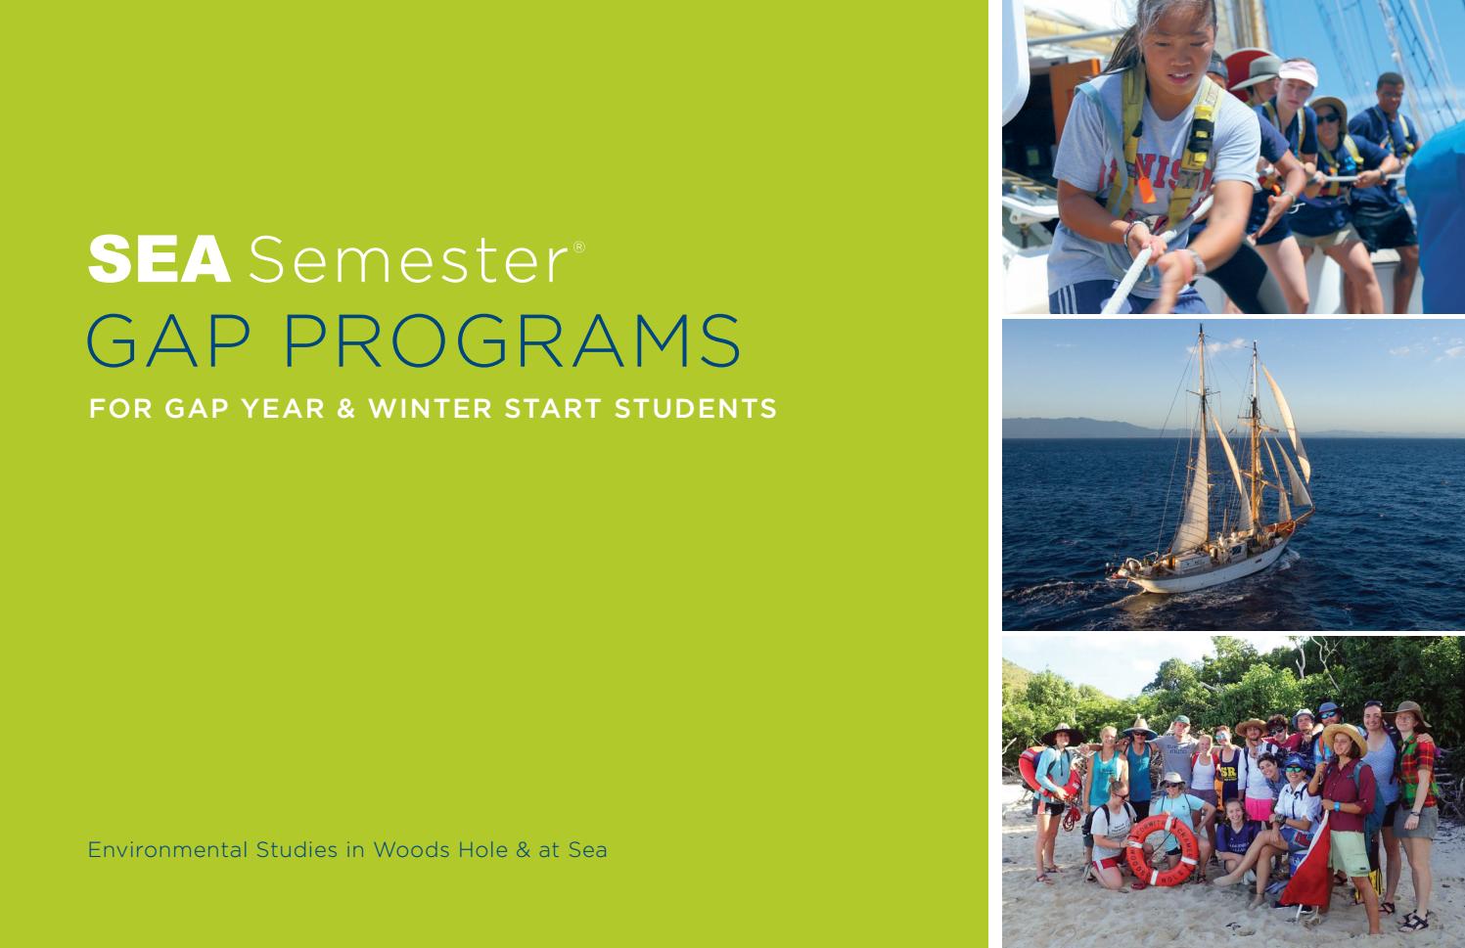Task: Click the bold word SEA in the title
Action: point(159,260)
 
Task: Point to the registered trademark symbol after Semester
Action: point(579,247)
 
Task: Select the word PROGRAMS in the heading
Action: point(511,340)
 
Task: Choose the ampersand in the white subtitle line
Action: point(345,408)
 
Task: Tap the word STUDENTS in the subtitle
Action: point(695,408)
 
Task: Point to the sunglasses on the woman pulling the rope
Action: point(1328,118)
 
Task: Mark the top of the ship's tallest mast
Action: point(1201,329)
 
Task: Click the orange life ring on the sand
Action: point(1162,850)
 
